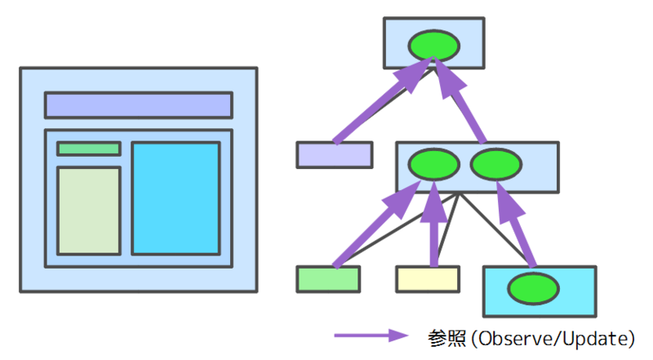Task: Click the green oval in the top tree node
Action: pos(434,44)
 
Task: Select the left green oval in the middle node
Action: pos(434,167)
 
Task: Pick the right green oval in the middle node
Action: pos(495,167)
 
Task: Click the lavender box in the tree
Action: pos(334,155)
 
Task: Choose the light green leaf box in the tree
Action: pos(328,279)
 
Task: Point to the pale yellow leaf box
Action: pos(428,279)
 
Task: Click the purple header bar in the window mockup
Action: pos(138,105)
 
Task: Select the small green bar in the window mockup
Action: pos(89,149)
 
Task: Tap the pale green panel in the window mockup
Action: pos(89,211)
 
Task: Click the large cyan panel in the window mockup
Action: pos(175,198)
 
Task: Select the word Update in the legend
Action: pos(593,336)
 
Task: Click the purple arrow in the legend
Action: pos(371,336)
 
